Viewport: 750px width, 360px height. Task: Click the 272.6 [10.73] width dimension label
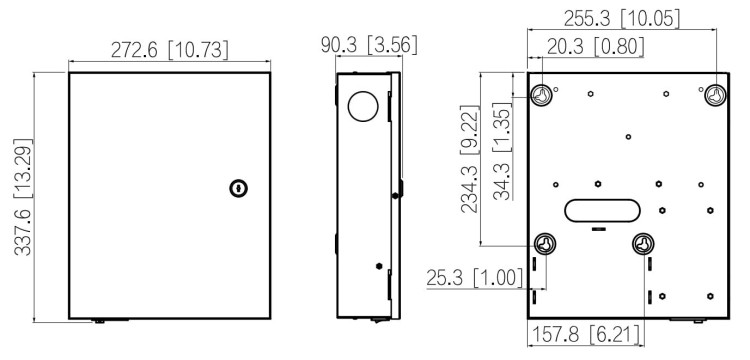[x=169, y=50]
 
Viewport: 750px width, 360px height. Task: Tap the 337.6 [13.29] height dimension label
[x=22, y=197]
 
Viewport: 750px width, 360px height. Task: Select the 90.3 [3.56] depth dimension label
[x=369, y=44]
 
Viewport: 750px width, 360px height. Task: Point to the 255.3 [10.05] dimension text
[x=621, y=19]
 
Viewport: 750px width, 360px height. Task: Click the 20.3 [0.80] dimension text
[x=595, y=47]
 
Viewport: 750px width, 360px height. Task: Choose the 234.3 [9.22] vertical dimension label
[x=469, y=159]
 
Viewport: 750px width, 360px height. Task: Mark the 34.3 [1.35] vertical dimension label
[x=502, y=152]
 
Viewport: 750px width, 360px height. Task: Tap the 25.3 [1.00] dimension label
[x=474, y=278]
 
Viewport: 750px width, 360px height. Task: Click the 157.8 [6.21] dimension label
[x=585, y=334]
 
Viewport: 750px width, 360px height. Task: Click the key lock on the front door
[x=238, y=188]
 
